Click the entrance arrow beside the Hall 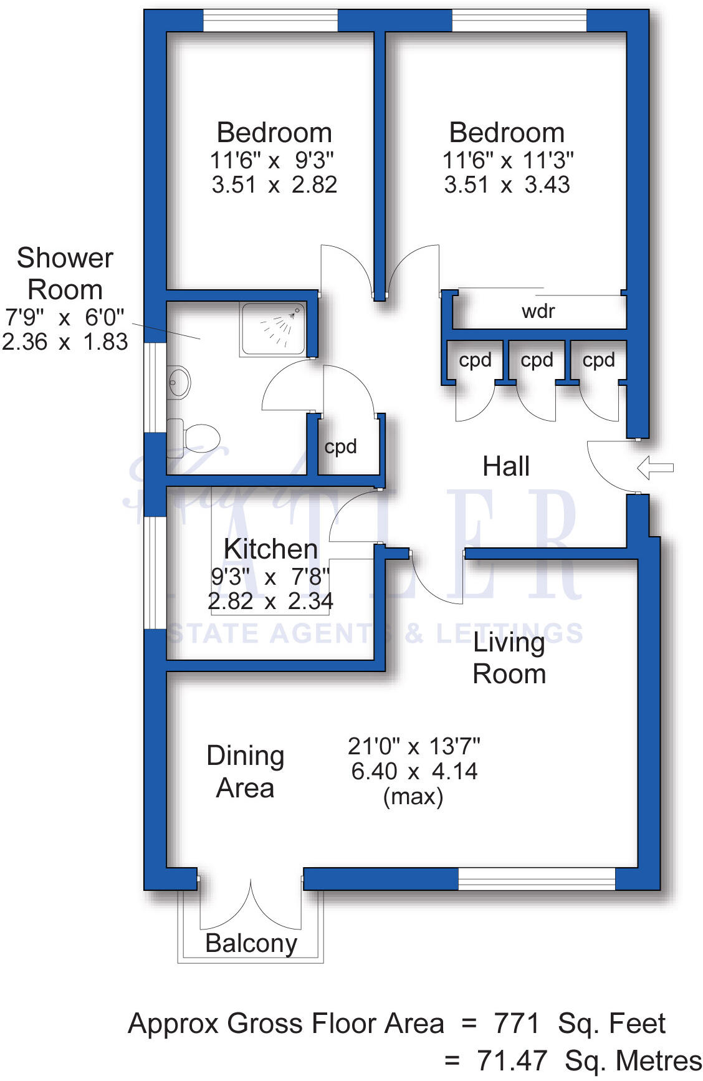656,468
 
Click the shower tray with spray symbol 273,330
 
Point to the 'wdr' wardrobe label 538,311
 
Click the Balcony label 251,943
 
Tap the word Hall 506,466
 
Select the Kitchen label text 270,549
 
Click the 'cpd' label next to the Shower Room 340,447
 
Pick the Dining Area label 245,772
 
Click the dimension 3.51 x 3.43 507,185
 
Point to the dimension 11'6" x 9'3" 272,161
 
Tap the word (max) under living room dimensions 413,797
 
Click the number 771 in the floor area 517,1024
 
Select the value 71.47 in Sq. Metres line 512,1060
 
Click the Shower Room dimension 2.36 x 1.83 65,342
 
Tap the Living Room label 509,658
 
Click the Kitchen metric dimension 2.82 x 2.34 270,602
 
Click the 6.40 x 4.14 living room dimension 414,771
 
